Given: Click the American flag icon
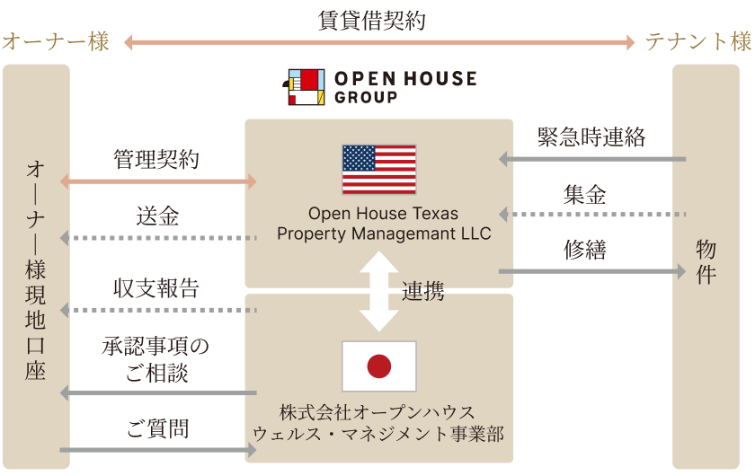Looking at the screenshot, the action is (379, 170).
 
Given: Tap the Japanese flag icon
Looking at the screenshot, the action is (379, 366).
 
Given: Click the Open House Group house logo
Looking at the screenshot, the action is (304, 87).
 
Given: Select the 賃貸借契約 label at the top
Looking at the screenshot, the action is (371, 21).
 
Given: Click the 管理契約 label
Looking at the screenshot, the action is (156, 159).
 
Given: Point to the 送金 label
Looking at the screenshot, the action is (157, 216).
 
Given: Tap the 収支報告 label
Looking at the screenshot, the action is (156, 288).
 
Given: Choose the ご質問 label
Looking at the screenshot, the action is (157, 428).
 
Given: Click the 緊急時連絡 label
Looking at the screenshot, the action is (591, 137).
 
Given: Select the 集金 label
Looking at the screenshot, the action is (584, 195).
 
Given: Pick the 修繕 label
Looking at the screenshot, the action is (584, 250).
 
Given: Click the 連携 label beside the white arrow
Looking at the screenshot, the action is (422, 292).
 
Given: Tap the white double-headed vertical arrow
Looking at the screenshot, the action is (379, 291).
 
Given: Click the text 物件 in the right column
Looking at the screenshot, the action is (706, 262).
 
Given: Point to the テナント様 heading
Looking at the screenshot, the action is (698, 41).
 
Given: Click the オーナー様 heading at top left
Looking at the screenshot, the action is (56, 41).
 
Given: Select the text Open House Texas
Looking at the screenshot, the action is (383, 213).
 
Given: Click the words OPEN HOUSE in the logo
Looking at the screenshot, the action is (405, 78).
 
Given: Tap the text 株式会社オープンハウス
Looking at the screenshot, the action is (377, 412).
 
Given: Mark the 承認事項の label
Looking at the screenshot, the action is (155, 346).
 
